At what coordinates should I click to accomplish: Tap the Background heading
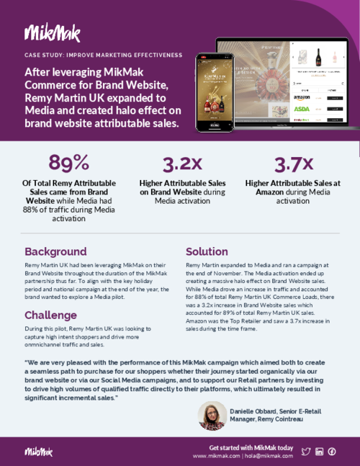coord(55,252)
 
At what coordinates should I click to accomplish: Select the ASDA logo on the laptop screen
coord(301,109)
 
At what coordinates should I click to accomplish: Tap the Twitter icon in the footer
coord(305,452)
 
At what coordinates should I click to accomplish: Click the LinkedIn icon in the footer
coord(319,452)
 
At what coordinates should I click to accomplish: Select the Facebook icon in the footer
coord(332,452)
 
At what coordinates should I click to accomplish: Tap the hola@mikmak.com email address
coord(269,456)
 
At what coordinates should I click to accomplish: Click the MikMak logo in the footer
coord(38,452)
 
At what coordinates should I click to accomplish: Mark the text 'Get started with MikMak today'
coord(251,447)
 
